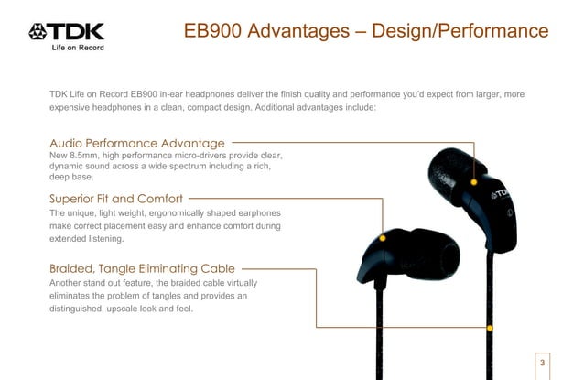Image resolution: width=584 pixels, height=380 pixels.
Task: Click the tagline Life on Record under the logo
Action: click(75, 50)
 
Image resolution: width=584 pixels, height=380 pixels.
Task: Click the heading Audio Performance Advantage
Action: click(136, 144)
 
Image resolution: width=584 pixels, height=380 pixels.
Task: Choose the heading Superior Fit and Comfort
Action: click(115, 198)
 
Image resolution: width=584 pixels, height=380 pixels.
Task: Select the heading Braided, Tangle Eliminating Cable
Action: click(142, 268)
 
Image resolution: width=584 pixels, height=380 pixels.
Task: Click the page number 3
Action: click(543, 363)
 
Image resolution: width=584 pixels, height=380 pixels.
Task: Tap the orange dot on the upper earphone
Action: click(474, 181)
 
